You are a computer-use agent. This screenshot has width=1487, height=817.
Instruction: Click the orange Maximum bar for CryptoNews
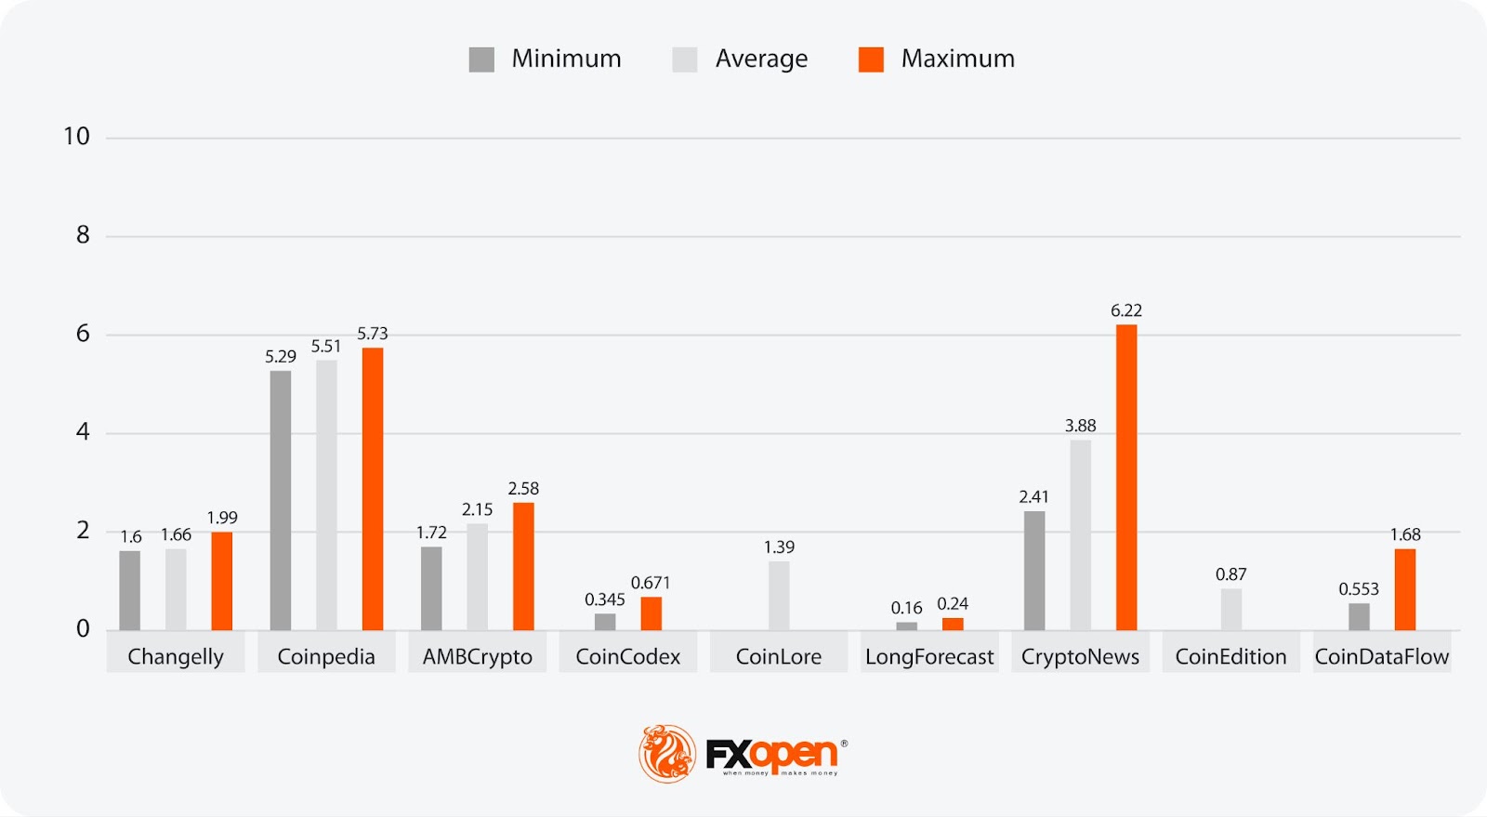click(x=1126, y=478)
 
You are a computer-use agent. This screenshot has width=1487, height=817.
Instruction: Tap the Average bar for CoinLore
click(x=779, y=596)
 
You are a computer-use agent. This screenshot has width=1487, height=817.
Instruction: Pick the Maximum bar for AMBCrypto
click(x=523, y=566)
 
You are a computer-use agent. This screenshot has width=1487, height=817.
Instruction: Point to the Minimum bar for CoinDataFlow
click(x=1359, y=616)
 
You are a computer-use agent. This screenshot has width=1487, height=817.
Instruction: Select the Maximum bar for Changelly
click(x=222, y=581)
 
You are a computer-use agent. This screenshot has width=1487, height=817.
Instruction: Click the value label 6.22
click(x=1126, y=310)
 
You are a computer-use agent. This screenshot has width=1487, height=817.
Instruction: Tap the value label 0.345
click(x=604, y=600)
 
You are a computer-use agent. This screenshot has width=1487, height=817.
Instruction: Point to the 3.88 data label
click(x=1080, y=426)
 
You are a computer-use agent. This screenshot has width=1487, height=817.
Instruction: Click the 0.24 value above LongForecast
click(x=953, y=604)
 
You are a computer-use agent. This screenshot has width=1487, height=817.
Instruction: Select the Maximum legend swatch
click(x=871, y=59)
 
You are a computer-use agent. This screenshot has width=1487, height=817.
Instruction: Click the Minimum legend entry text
click(x=566, y=59)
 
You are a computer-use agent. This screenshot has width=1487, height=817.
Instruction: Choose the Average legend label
click(x=761, y=59)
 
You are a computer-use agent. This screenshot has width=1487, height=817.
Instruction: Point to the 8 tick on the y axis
click(x=83, y=235)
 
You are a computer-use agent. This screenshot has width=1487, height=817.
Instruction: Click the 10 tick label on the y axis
click(x=76, y=137)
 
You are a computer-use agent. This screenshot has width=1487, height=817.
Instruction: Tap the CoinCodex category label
click(x=628, y=657)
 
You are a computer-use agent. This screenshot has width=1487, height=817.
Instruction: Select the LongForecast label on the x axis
click(x=929, y=657)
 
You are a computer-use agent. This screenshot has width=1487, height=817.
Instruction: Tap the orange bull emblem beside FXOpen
click(x=666, y=753)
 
